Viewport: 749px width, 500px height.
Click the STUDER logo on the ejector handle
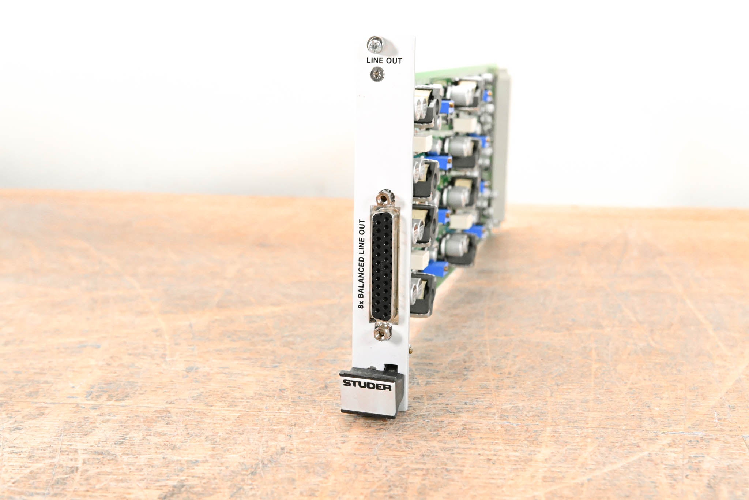(367, 385)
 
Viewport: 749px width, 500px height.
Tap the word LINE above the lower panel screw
(375, 61)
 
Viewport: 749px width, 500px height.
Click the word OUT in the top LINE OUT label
(394, 61)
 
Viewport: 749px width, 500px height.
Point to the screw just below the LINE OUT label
(377, 75)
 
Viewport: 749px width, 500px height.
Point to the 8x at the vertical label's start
(361, 304)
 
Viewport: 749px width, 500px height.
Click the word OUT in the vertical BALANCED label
(362, 227)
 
